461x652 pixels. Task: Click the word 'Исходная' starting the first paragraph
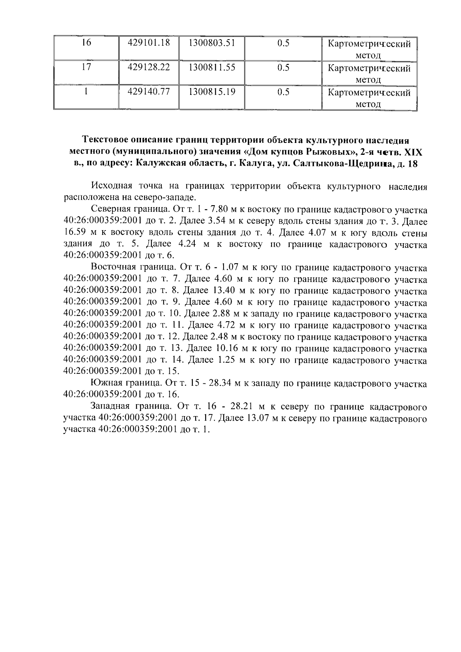111,186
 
